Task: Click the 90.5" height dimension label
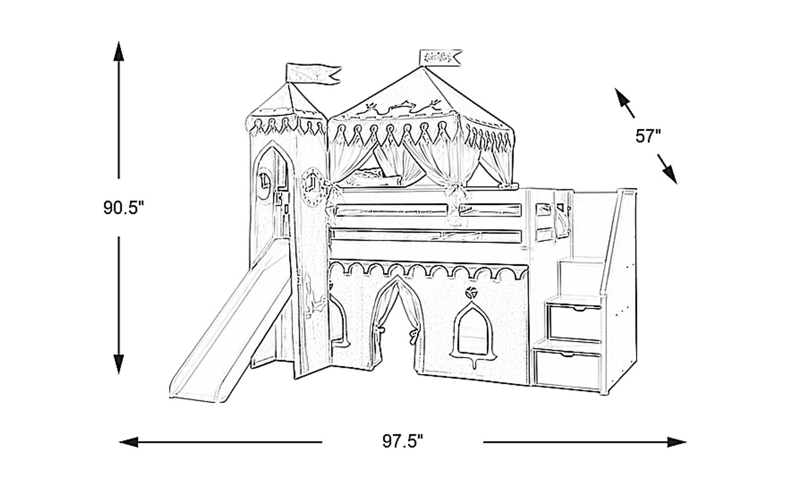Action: coord(123,208)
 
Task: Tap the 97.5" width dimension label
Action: coord(402,441)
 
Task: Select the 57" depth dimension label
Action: coord(648,136)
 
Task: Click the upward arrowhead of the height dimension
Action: coord(119,51)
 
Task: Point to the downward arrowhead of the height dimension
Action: coord(119,364)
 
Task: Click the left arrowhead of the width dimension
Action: coord(129,442)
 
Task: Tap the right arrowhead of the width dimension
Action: coord(676,442)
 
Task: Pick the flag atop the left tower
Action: coord(312,74)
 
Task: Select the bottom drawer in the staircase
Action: coord(567,370)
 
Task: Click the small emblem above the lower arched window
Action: coord(471,293)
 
